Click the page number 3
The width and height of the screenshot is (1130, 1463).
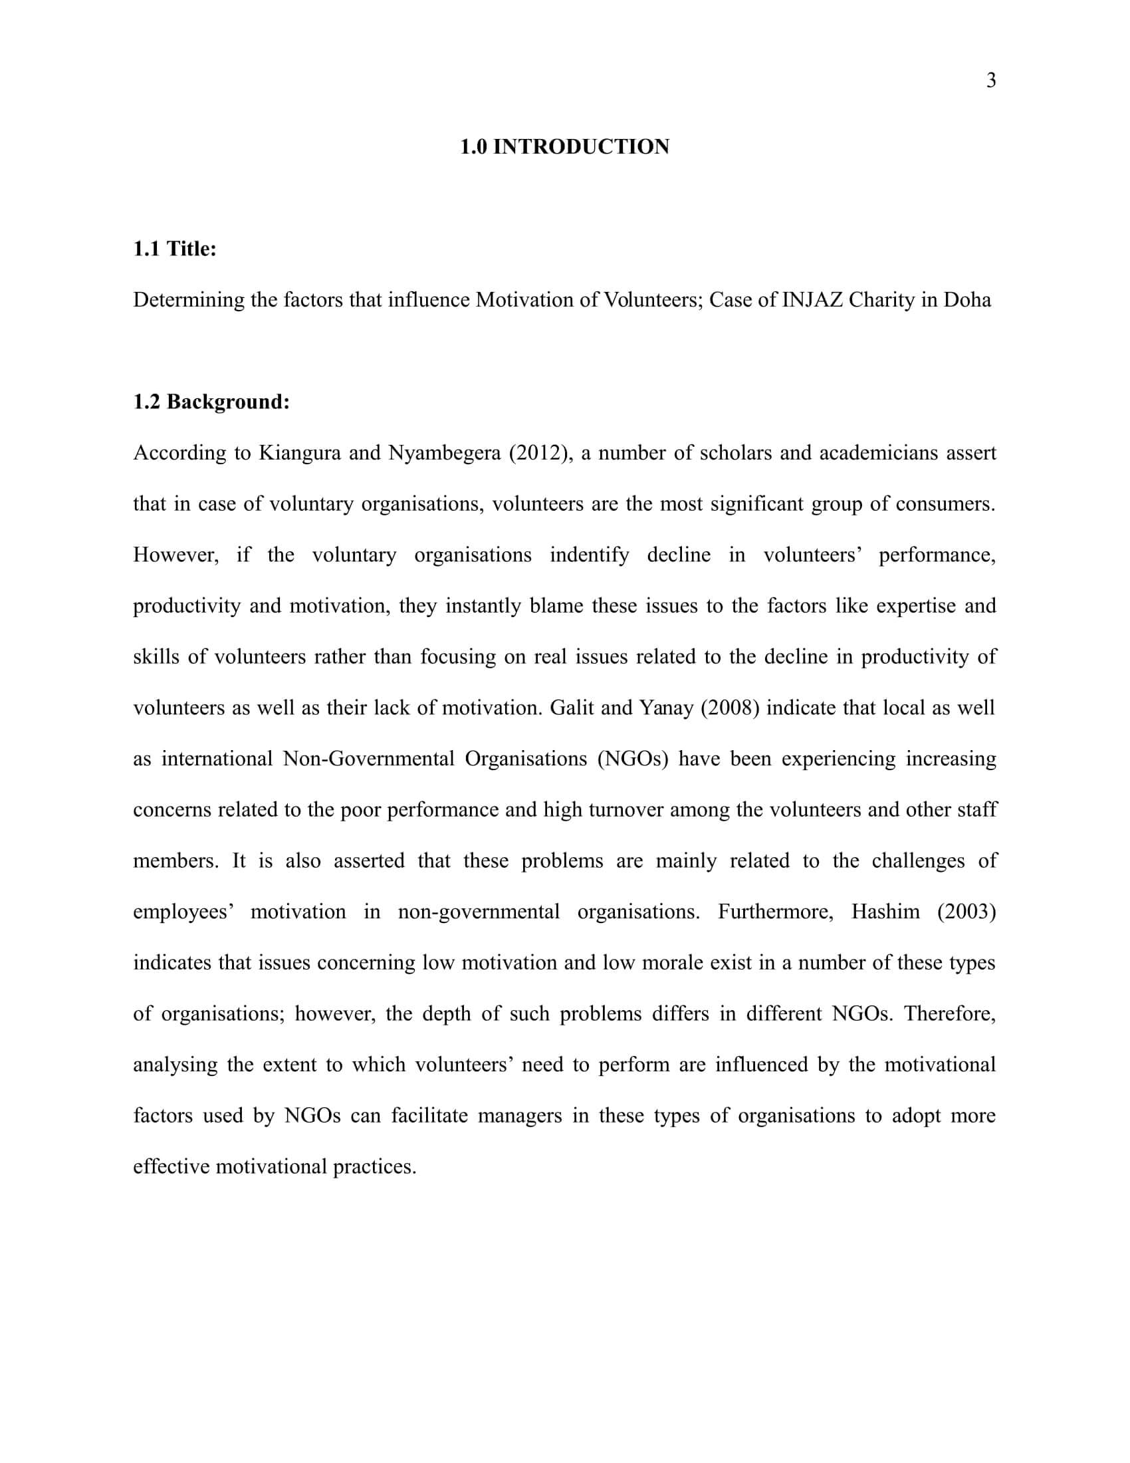[x=991, y=80]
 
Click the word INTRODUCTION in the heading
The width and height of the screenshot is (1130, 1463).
[x=581, y=147]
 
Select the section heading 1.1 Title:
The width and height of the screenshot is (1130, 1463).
[x=175, y=249]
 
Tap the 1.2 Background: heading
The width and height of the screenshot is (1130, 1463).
[x=211, y=401]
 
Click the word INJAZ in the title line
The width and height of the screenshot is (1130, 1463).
[x=812, y=299]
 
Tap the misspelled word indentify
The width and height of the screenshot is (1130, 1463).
[x=589, y=555]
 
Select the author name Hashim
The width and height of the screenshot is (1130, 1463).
[x=885, y=911]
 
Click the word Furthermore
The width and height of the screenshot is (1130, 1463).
[x=775, y=911]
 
